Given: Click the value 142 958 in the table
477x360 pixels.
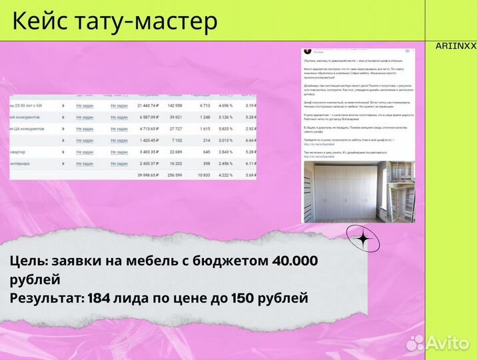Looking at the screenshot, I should click(x=175, y=106).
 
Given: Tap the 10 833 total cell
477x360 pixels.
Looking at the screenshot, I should click(x=201, y=175).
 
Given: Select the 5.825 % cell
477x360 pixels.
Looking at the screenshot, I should click(x=227, y=129).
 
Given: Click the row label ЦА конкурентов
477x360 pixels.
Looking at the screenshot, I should click(x=27, y=129).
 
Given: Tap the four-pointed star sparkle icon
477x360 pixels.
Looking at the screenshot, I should click(x=363, y=240).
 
